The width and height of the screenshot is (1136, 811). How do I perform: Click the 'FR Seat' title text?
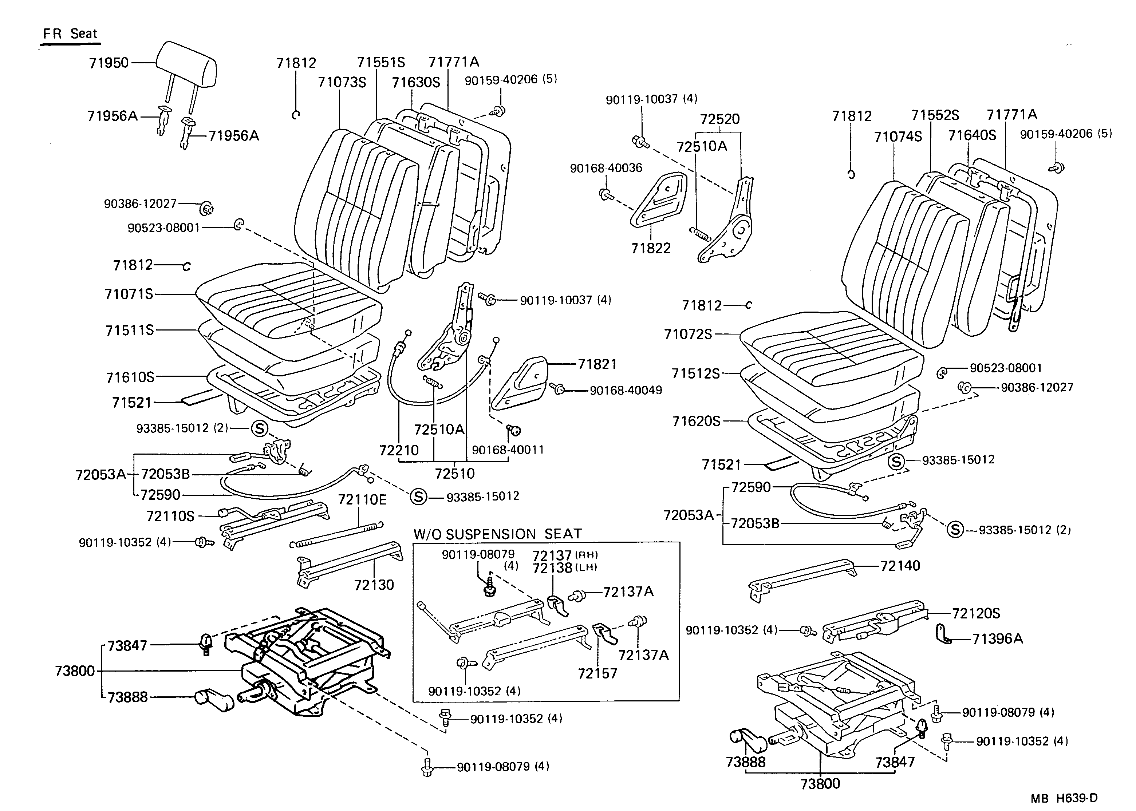click(x=70, y=34)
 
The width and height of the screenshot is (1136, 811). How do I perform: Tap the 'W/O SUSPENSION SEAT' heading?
click(x=497, y=534)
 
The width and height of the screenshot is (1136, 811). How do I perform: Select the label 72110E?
click(x=362, y=500)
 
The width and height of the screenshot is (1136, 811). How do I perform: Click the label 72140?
click(x=900, y=566)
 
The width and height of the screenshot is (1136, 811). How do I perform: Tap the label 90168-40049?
click(x=626, y=391)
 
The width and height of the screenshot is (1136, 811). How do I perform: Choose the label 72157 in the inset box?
click(x=597, y=674)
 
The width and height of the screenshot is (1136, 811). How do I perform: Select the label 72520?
click(x=719, y=119)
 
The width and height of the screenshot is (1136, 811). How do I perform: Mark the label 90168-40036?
click(x=606, y=168)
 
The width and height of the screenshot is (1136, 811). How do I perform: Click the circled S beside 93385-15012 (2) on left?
click(x=259, y=428)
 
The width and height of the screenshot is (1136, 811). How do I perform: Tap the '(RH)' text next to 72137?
click(x=587, y=555)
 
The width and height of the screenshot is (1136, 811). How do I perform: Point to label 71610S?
click(x=130, y=377)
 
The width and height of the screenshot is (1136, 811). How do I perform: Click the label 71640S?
click(x=972, y=135)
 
